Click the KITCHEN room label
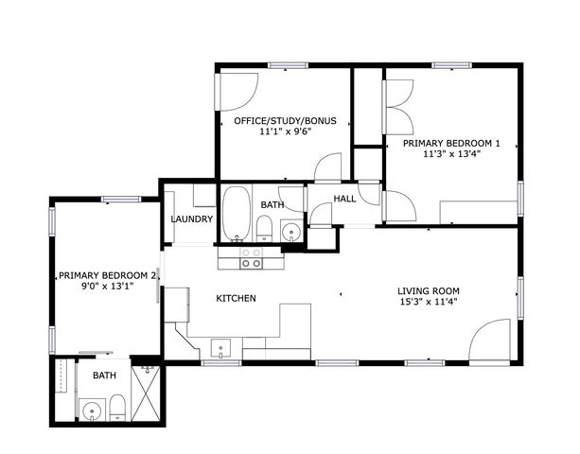click(236, 298)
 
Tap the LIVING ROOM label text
click(428, 291)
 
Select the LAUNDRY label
click(192, 219)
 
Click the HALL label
click(345, 199)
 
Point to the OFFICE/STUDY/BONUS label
click(286, 121)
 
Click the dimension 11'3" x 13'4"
click(451, 155)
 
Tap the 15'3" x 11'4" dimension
click(428, 303)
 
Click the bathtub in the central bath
click(236, 214)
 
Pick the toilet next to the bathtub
click(266, 227)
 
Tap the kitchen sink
click(221, 348)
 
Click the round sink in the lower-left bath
click(91, 410)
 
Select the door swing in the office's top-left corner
click(237, 90)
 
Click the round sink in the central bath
click(290, 230)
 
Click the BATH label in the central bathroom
click(272, 204)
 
